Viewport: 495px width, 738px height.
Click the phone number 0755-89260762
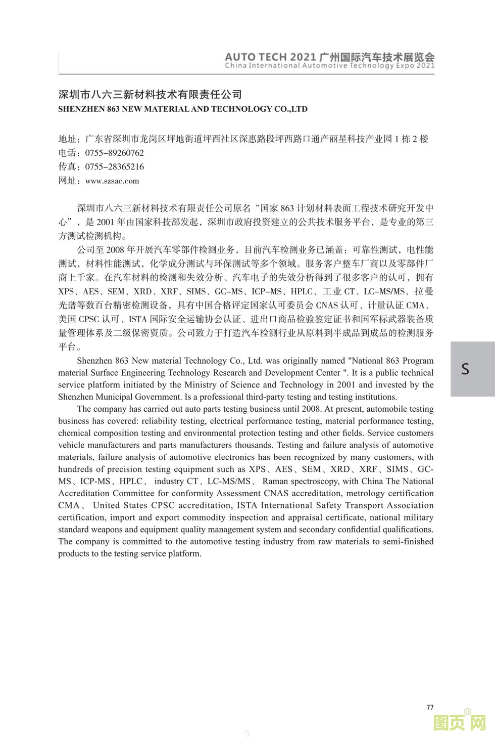pyautogui.click(x=114, y=153)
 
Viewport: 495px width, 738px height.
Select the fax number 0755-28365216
pyautogui.click(x=114, y=166)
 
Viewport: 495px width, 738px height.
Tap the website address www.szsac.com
pyautogui.click(x=112, y=181)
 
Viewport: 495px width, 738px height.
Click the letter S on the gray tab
pyautogui.click(x=465, y=369)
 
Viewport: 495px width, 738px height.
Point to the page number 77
pyautogui.click(x=430, y=707)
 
